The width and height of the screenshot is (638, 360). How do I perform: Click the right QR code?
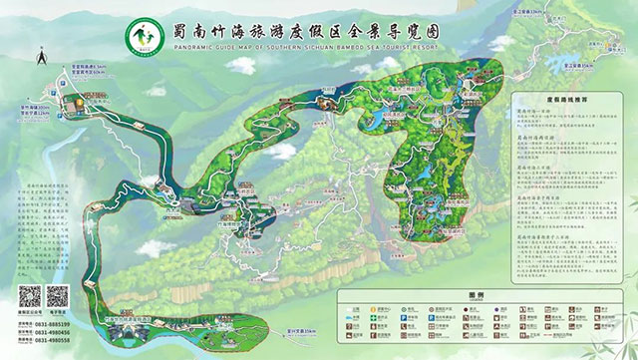[x=58, y=296]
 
